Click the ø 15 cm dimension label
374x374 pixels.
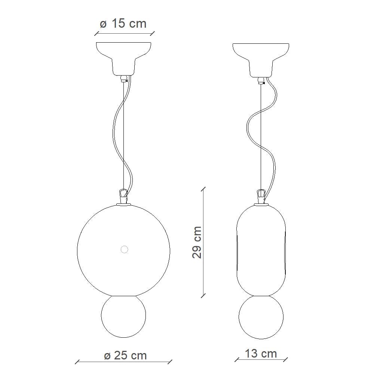click(x=123, y=24)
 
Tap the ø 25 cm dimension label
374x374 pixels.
click(x=126, y=355)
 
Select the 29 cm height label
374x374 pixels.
click(x=197, y=242)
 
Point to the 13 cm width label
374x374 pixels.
click(x=261, y=353)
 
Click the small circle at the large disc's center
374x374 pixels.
click(x=124, y=249)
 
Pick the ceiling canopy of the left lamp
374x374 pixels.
click(x=124, y=56)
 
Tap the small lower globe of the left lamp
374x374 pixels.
click(x=124, y=316)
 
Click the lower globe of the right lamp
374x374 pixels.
click(x=261, y=317)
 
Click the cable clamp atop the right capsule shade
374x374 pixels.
click(x=261, y=196)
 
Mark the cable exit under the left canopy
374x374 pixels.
click(x=124, y=79)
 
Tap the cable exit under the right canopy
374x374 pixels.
click(x=261, y=79)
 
